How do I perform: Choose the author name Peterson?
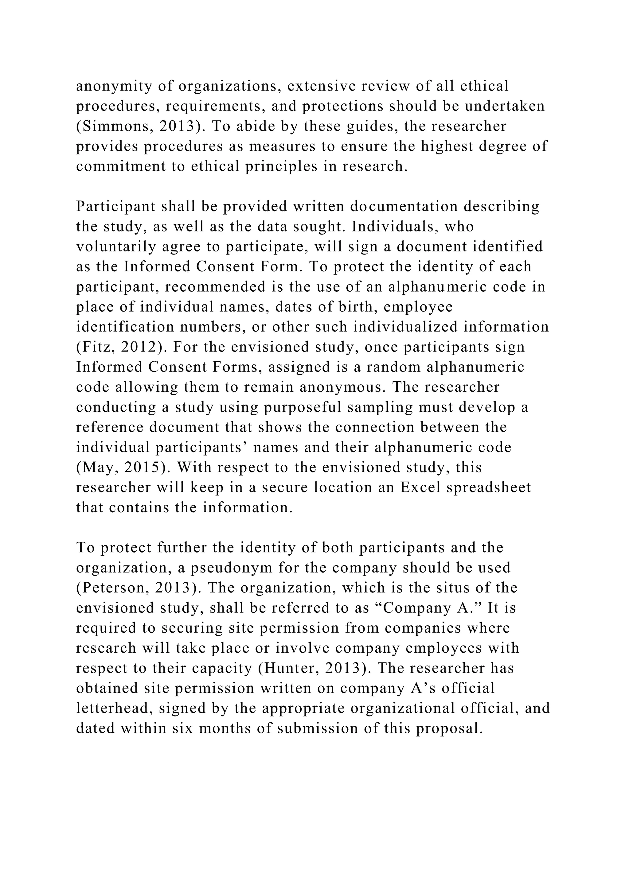click(112, 588)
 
